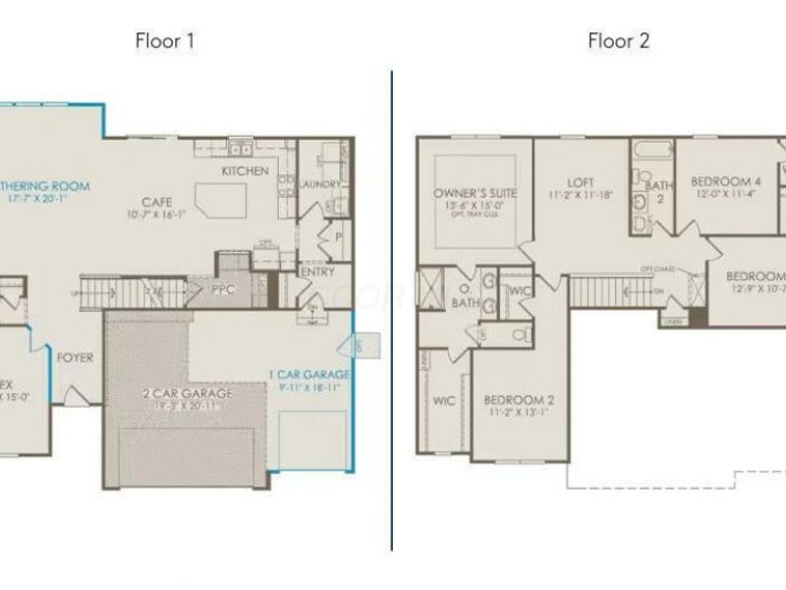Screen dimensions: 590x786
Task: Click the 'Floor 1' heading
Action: [x=165, y=40]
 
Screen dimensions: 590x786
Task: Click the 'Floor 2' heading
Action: [x=619, y=40]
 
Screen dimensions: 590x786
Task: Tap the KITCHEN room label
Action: [x=245, y=171]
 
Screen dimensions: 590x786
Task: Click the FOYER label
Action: [x=75, y=358]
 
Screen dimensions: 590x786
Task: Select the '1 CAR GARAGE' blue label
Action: [x=309, y=375]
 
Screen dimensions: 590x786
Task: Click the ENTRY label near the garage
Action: [x=317, y=272]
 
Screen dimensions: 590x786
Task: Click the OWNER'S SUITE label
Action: [x=475, y=194]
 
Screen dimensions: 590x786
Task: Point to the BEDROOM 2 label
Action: [x=520, y=400]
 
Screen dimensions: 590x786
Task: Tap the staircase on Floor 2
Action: [x=599, y=291]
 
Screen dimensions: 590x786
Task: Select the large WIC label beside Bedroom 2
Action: [x=443, y=401]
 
